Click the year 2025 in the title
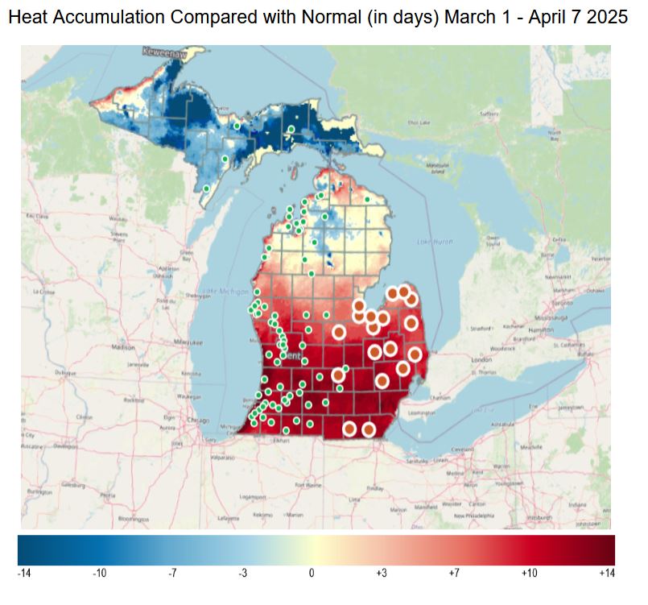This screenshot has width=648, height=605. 607,18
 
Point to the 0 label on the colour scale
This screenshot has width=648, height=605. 311,573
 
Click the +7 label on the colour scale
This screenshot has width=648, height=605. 453,573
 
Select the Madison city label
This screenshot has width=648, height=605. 123,348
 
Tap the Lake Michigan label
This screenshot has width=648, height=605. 218,290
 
